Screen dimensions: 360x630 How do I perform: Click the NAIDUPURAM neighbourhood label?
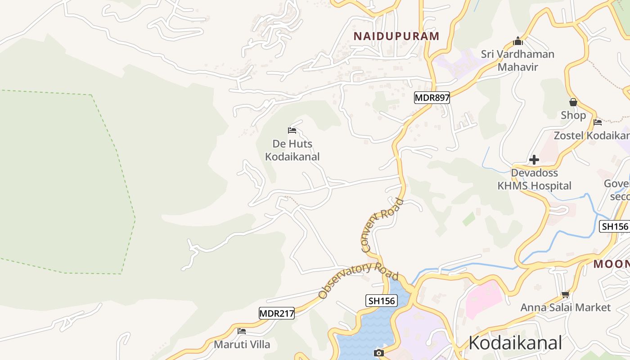click(396, 36)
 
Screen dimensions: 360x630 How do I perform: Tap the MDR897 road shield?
click(432, 97)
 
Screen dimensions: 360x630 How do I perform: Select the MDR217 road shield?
click(276, 313)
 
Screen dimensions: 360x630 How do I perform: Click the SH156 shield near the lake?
click(382, 301)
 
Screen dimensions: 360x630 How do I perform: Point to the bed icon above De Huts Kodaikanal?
click(292, 130)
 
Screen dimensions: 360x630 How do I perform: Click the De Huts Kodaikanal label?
click(292, 150)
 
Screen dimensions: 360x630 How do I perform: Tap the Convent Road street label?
click(382, 225)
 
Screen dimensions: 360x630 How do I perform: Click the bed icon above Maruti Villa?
click(242, 331)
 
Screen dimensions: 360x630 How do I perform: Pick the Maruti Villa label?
click(242, 345)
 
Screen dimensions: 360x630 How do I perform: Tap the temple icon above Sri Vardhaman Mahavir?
click(518, 41)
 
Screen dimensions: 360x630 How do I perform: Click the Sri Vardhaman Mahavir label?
click(517, 61)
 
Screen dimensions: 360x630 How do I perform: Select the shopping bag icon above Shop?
click(573, 102)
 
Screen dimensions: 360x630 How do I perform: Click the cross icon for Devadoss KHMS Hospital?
click(534, 160)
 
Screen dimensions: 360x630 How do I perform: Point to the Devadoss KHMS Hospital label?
click(534, 179)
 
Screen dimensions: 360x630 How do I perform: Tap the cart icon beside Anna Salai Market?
click(565, 295)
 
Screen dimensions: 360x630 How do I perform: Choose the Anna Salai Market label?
click(565, 307)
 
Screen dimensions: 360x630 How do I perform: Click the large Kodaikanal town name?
click(515, 342)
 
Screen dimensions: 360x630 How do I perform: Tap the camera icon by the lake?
click(378, 353)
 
